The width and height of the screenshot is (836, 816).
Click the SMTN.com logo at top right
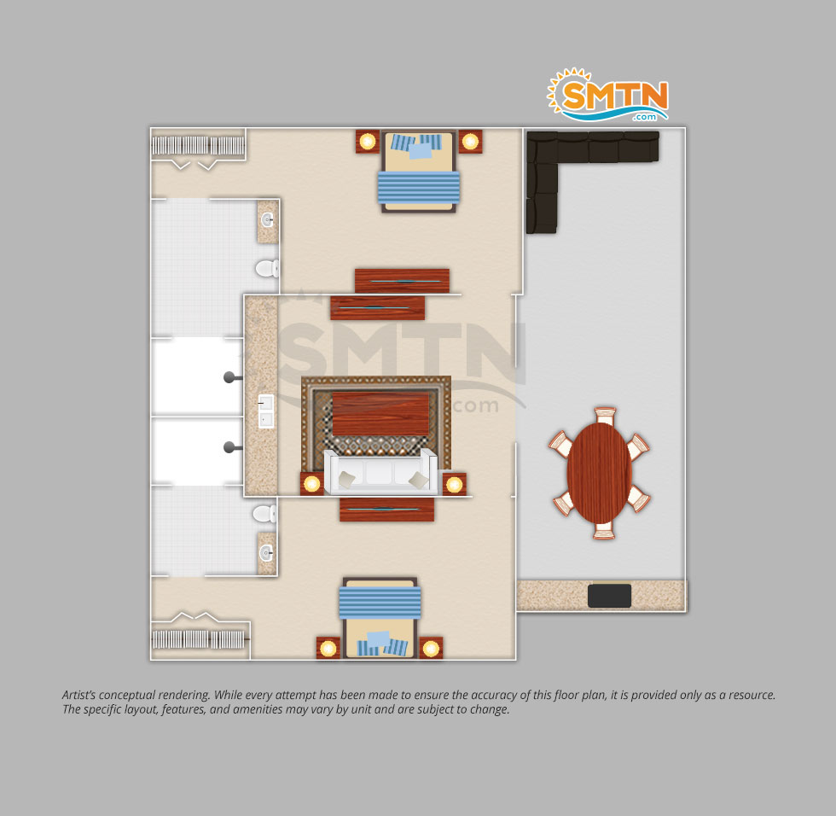point(607,95)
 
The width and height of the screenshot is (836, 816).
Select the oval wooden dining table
point(599,473)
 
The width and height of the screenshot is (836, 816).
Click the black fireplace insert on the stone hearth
point(609,596)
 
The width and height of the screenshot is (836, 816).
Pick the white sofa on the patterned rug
point(380,472)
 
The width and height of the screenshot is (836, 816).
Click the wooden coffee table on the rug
point(380,414)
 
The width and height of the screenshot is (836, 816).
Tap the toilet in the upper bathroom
point(267,268)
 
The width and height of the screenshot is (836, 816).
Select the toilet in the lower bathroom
point(264,514)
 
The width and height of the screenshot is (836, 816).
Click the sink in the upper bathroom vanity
point(267,219)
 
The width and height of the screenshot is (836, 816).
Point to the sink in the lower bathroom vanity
point(266,553)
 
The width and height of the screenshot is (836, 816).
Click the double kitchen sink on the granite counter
point(266,411)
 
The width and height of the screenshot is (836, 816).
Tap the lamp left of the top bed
point(368,142)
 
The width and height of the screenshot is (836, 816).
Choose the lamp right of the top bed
point(470,142)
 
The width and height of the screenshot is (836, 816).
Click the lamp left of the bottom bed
point(328,648)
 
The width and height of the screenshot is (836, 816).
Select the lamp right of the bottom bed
point(431,648)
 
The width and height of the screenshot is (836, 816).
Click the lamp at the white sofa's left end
point(312,484)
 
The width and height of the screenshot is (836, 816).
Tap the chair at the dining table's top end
point(605,416)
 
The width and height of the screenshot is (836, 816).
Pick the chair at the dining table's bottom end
point(604,531)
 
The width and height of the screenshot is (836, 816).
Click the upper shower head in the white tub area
point(231,377)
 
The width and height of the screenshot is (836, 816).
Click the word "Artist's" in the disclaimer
point(78,695)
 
